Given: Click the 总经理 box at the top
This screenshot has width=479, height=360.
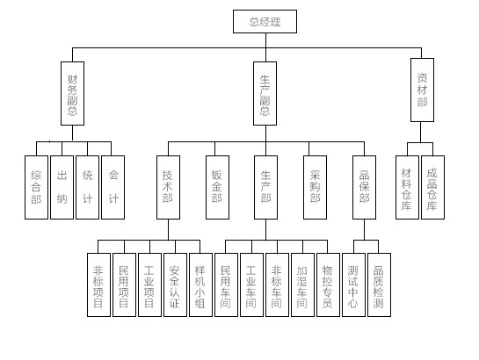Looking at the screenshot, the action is [x=265, y=21].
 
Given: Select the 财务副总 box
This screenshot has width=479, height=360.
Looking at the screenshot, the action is [x=72, y=93].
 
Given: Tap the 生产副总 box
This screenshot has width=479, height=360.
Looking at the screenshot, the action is [x=265, y=93].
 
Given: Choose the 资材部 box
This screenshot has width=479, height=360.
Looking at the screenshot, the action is [x=422, y=90].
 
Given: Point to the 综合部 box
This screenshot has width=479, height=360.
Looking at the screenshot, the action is [x=36, y=187].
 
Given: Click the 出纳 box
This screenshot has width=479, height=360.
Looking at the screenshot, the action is [x=62, y=187].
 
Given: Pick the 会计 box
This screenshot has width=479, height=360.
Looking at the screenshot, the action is [x=113, y=187].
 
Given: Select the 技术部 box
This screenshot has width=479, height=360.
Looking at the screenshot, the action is [x=169, y=187].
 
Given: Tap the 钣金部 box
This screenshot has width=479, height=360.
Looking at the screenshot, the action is [x=217, y=187].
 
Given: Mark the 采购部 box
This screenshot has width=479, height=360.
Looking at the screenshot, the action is [x=315, y=187].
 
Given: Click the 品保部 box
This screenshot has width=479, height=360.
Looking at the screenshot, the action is [x=364, y=187].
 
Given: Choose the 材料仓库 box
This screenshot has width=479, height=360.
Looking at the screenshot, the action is [x=407, y=187].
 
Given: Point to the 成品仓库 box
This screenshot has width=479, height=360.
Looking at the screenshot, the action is [x=433, y=187].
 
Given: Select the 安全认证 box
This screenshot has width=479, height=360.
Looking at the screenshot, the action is [x=176, y=284].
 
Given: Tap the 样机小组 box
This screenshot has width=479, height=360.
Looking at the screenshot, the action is [x=200, y=284].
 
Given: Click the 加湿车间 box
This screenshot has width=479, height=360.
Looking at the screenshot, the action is [x=302, y=284].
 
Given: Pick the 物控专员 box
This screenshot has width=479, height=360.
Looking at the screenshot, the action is [x=328, y=284].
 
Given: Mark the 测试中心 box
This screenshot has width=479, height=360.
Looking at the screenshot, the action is [x=353, y=284].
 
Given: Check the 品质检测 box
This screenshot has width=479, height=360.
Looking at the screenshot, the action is [x=379, y=284].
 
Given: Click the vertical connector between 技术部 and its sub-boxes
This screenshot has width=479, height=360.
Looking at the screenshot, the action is [x=169, y=229].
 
